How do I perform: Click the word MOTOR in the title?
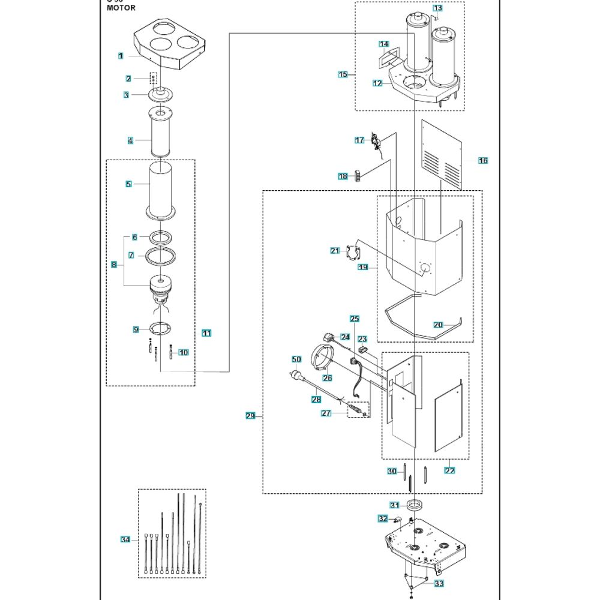click(121, 8)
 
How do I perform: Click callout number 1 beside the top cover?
click(121, 56)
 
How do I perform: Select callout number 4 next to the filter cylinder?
click(130, 140)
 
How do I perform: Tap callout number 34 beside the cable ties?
click(125, 540)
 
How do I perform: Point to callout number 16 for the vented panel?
click(483, 161)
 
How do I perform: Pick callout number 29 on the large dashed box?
click(251, 416)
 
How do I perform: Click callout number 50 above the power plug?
click(296, 359)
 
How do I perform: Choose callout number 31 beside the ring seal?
click(394, 505)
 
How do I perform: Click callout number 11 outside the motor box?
click(206, 333)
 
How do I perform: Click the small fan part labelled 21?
click(353, 252)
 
